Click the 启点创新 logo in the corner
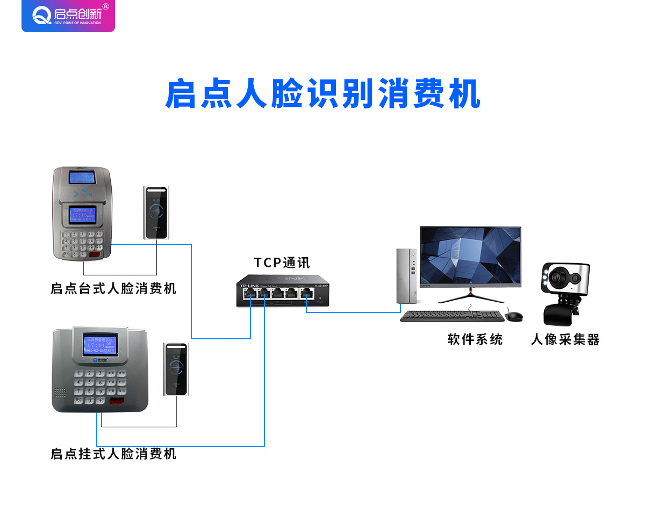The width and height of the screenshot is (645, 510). click(x=68, y=16)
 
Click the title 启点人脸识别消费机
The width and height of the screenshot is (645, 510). click(x=322, y=95)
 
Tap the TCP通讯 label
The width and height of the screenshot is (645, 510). click(x=282, y=263)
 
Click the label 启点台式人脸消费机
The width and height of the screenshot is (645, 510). click(x=113, y=289)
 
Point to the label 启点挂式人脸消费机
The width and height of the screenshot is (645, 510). click(x=113, y=454)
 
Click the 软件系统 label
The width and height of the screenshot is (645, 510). click(x=475, y=339)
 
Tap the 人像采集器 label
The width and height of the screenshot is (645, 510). click(x=565, y=339)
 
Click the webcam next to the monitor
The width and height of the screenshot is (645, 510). click(x=564, y=293)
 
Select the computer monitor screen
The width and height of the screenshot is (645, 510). click(x=471, y=256)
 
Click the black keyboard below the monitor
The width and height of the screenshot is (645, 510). click(x=452, y=316)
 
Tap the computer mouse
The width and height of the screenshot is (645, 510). click(x=514, y=316)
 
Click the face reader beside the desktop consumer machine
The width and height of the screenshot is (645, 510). click(x=156, y=213)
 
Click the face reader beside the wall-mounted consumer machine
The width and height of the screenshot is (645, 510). click(x=176, y=369)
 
